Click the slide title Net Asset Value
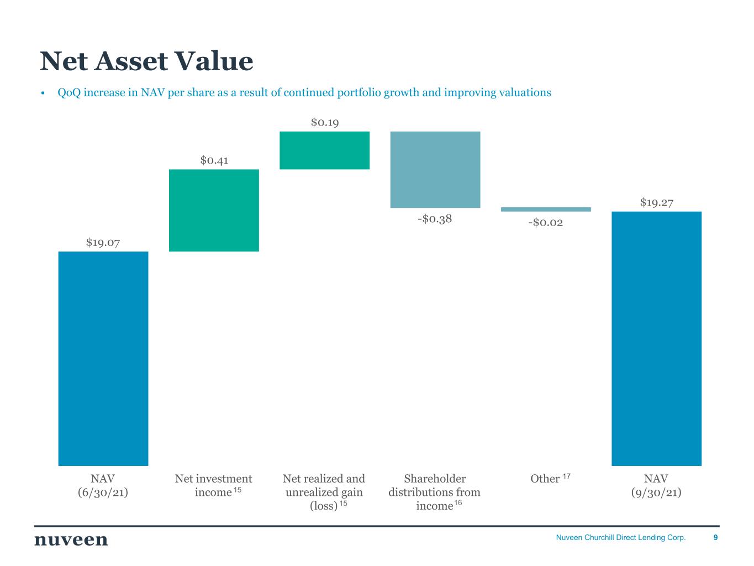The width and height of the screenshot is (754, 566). (146, 61)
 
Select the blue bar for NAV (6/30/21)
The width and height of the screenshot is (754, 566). (103, 358)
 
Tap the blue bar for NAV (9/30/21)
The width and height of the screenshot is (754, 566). (656, 338)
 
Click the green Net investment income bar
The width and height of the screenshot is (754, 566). (214, 211)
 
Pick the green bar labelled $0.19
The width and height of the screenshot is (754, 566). (324, 150)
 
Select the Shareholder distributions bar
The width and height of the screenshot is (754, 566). (435, 170)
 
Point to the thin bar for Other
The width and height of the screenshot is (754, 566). (546, 209)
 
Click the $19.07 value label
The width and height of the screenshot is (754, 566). (103, 243)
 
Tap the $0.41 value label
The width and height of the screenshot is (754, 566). (214, 160)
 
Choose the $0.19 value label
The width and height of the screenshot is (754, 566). (325, 122)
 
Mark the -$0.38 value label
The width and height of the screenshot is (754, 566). (435, 218)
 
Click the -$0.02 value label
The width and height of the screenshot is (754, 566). (546, 222)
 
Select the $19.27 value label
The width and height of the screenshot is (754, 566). (656, 202)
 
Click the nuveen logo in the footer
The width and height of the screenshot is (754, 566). (71, 540)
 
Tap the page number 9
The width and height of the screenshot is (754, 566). (715, 537)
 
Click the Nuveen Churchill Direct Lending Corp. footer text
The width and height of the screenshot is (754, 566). (620, 537)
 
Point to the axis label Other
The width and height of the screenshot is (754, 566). (545, 478)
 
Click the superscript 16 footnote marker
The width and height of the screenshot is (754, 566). (458, 503)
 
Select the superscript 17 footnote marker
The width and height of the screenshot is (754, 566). (566, 476)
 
